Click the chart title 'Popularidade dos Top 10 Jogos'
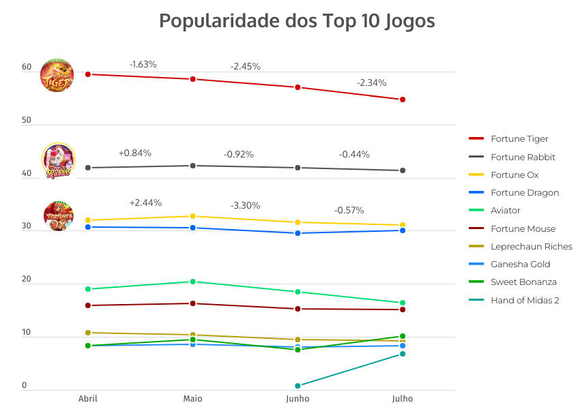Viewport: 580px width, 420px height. [297, 21]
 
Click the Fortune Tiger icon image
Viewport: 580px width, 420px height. [57, 75]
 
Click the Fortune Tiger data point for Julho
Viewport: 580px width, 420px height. [403, 100]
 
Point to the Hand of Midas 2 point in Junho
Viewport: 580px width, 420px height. [298, 386]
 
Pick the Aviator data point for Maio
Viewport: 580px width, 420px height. [193, 282]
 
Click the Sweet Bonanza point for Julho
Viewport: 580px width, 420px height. [403, 336]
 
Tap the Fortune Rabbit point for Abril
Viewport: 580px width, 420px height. [88, 168]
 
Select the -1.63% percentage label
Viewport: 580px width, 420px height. [143, 64]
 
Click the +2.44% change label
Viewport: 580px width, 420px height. [145, 202]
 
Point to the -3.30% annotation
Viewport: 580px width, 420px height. [246, 205]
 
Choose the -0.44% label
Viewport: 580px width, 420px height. [354, 154]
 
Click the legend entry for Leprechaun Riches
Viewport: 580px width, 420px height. [531, 246]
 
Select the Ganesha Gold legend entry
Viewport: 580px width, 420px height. [520, 264]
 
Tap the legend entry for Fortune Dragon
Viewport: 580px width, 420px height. [524, 192]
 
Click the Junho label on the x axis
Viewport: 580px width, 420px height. [298, 399]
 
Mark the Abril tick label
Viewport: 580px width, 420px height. [88, 399]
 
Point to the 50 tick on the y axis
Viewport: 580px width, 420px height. [27, 121]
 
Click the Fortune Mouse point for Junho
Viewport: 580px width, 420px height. [298, 309]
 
